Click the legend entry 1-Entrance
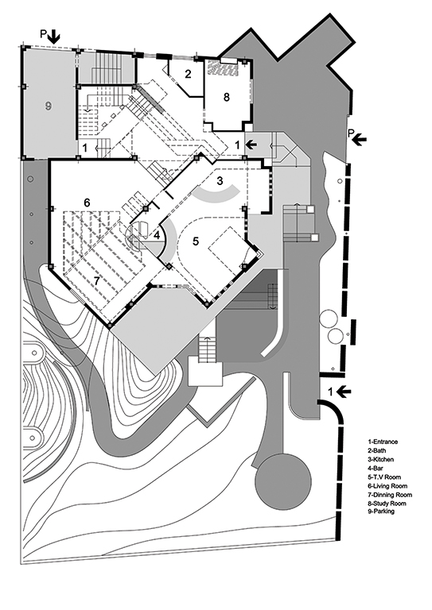(x=383, y=442)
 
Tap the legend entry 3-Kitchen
(x=380, y=459)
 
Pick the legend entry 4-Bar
(x=375, y=468)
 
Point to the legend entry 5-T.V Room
(x=384, y=477)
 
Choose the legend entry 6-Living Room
(x=387, y=486)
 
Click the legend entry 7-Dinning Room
(x=390, y=495)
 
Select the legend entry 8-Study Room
(x=387, y=504)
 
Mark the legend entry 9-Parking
(x=381, y=512)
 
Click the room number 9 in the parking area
(x=48, y=106)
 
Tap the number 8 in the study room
(x=226, y=97)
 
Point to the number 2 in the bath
(x=188, y=74)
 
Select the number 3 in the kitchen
(x=220, y=181)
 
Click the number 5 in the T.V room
(x=196, y=241)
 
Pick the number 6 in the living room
(x=87, y=203)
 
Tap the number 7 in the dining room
(x=98, y=280)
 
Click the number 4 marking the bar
(x=157, y=235)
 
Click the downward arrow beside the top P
(x=54, y=37)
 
